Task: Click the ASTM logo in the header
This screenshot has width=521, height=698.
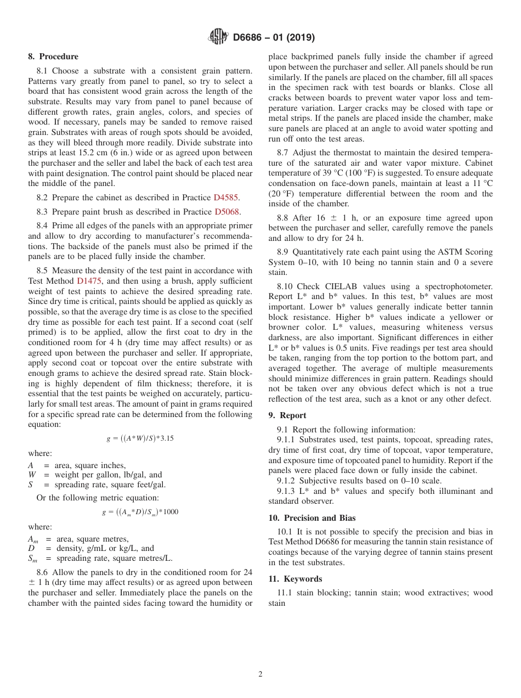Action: click(218, 37)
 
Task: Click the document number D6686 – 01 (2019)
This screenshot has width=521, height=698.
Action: click(274, 38)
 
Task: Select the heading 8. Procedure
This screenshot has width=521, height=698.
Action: click(53, 57)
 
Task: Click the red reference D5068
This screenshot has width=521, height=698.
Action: click(227, 212)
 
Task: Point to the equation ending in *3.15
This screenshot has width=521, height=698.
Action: click(140, 438)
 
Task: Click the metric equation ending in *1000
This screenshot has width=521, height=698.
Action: click(140, 512)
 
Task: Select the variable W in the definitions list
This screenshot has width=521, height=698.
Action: click(32, 475)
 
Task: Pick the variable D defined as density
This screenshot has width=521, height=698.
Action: click(31, 548)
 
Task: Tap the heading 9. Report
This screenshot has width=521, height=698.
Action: click(287, 415)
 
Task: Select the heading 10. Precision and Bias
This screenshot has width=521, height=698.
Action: click(312, 517)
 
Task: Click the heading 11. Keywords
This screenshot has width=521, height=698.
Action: click(295, 579)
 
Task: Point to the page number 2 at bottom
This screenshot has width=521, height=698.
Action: click(260, 674)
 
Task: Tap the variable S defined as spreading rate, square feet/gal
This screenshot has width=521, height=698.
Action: click(31, 485)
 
